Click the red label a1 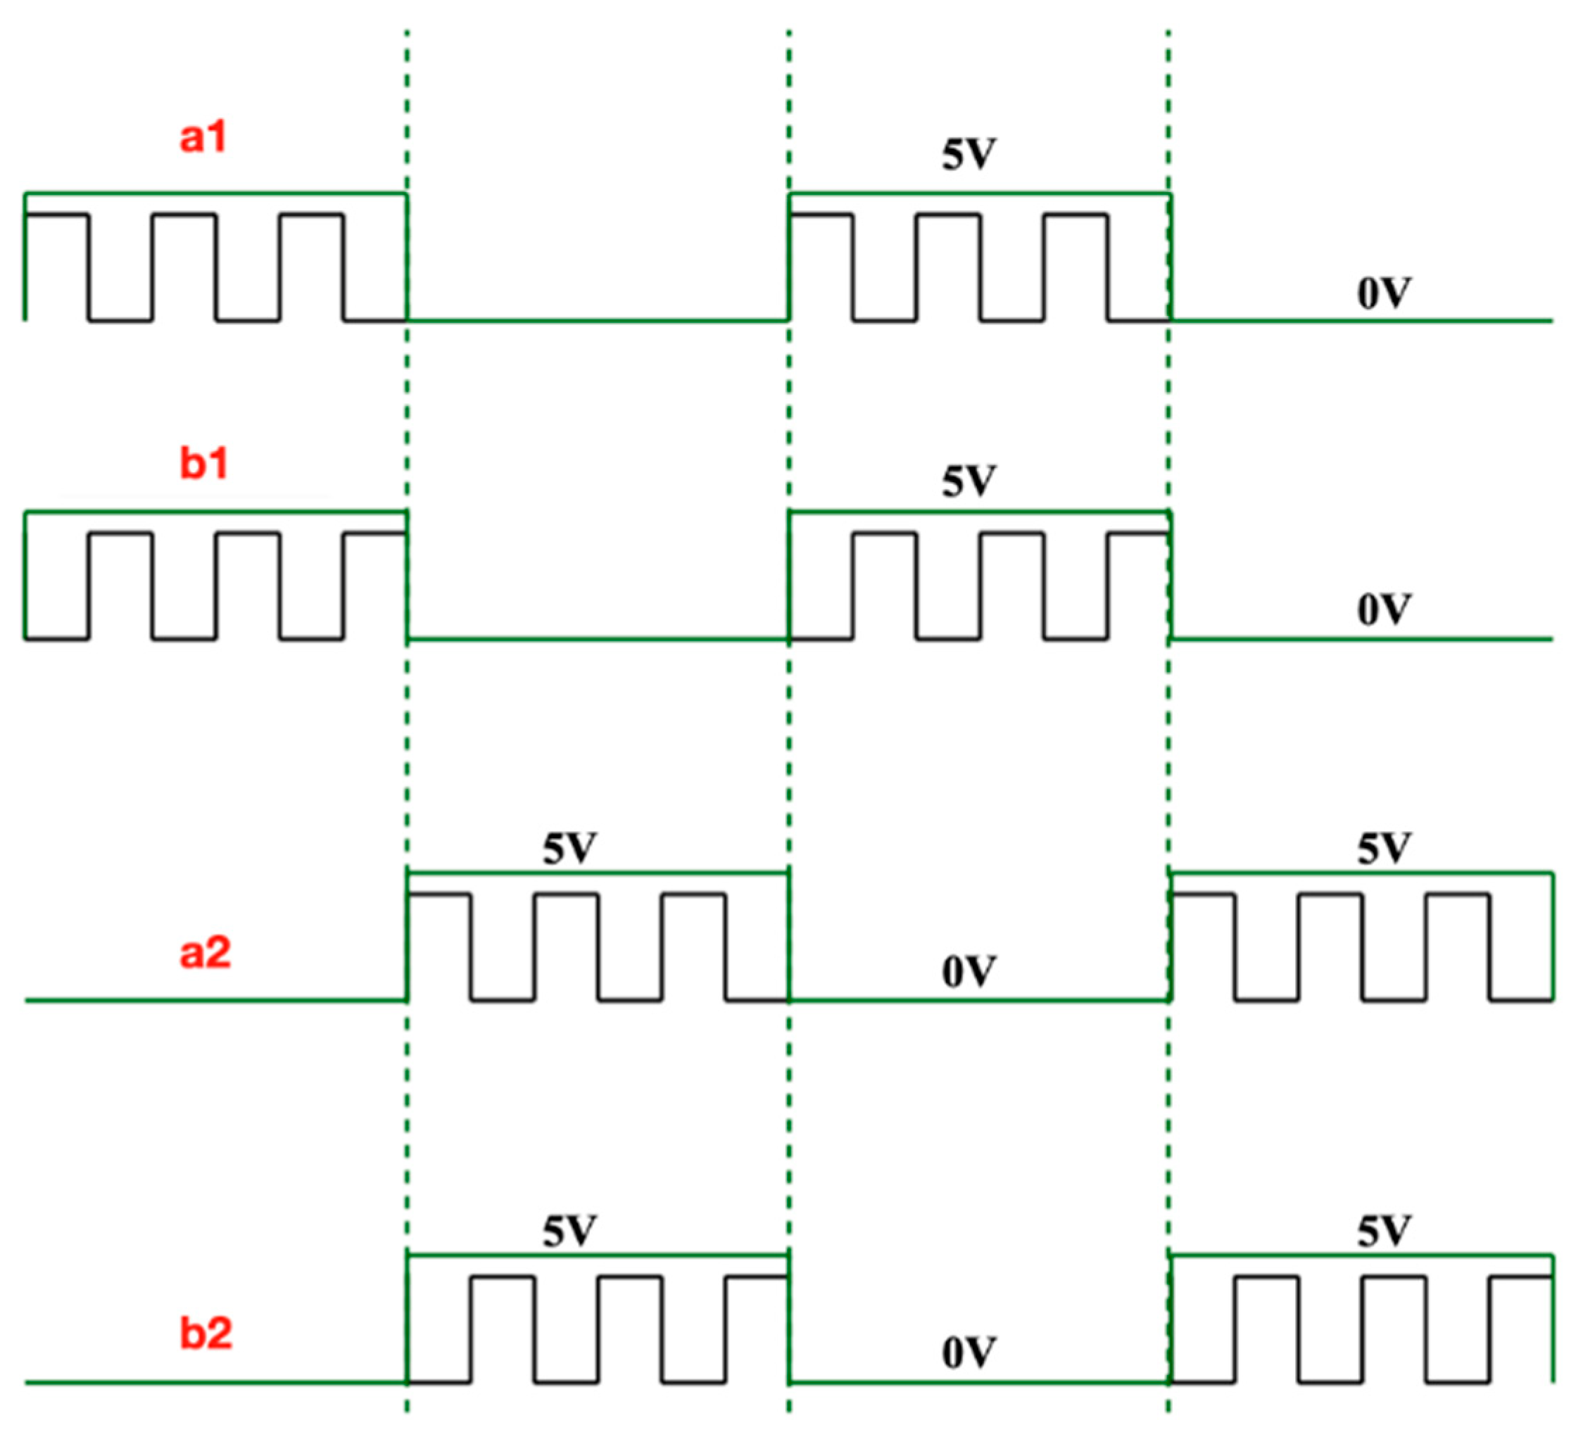203,137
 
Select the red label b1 204,463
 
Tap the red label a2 206,954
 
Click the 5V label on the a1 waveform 969,155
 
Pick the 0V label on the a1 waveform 1384,293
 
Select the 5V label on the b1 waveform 969,481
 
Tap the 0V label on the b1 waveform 1384,610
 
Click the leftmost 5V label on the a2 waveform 569,849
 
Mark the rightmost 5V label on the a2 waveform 1384,849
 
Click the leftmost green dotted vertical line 407,746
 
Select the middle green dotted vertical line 788,746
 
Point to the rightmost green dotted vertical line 1168,746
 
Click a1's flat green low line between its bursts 597,320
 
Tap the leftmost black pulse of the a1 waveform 56,215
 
